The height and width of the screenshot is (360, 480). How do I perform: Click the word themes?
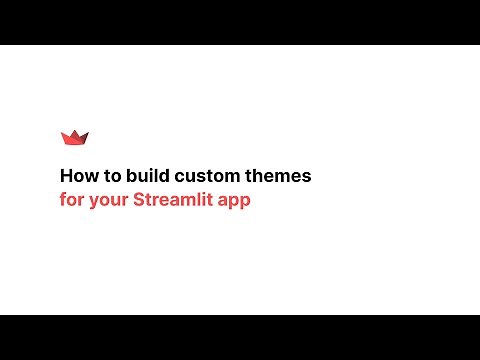[x=278, y=176]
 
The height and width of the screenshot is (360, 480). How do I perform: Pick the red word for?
[x=72, y=199]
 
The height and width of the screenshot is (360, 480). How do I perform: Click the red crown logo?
[x=75, y=138]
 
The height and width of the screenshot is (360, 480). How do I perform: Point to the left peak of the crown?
[x=63, y=134]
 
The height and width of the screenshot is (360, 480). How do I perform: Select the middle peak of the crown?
[x=75, y=132]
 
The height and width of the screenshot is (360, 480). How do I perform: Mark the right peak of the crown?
[x=87, y=134]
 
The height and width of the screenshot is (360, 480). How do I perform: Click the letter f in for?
[x=63, y=199]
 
